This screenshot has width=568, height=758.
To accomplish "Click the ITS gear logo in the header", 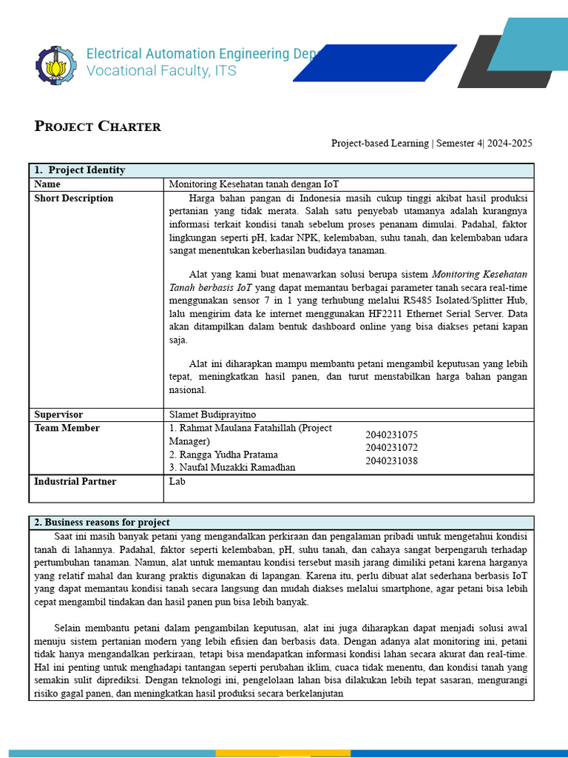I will pos(55,64).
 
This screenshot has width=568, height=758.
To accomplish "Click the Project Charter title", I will pos(98,126).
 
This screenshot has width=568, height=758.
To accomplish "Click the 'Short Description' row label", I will pos(74,198).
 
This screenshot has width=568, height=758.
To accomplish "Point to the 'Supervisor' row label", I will pos(58,415).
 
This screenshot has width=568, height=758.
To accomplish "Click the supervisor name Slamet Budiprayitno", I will pos(212,415).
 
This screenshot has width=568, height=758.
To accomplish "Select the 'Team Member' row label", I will pos(67,428).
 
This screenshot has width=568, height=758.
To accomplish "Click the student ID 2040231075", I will pos(391,435).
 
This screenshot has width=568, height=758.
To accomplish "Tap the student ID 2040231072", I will pos(391,448).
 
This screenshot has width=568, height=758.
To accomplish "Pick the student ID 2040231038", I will pos(391,461).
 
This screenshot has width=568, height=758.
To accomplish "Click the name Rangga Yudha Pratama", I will pos(223,455).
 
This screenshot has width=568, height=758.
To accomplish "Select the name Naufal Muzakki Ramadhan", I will pos(232,468).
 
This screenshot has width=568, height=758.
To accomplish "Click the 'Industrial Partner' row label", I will pos(75,481).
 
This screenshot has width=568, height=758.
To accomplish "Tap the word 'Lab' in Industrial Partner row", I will pos(177,481).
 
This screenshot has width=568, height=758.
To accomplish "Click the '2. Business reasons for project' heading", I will pos(102,523).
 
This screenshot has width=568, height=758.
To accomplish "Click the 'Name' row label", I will pos(47,184).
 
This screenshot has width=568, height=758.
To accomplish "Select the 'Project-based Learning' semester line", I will pos(431,144).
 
